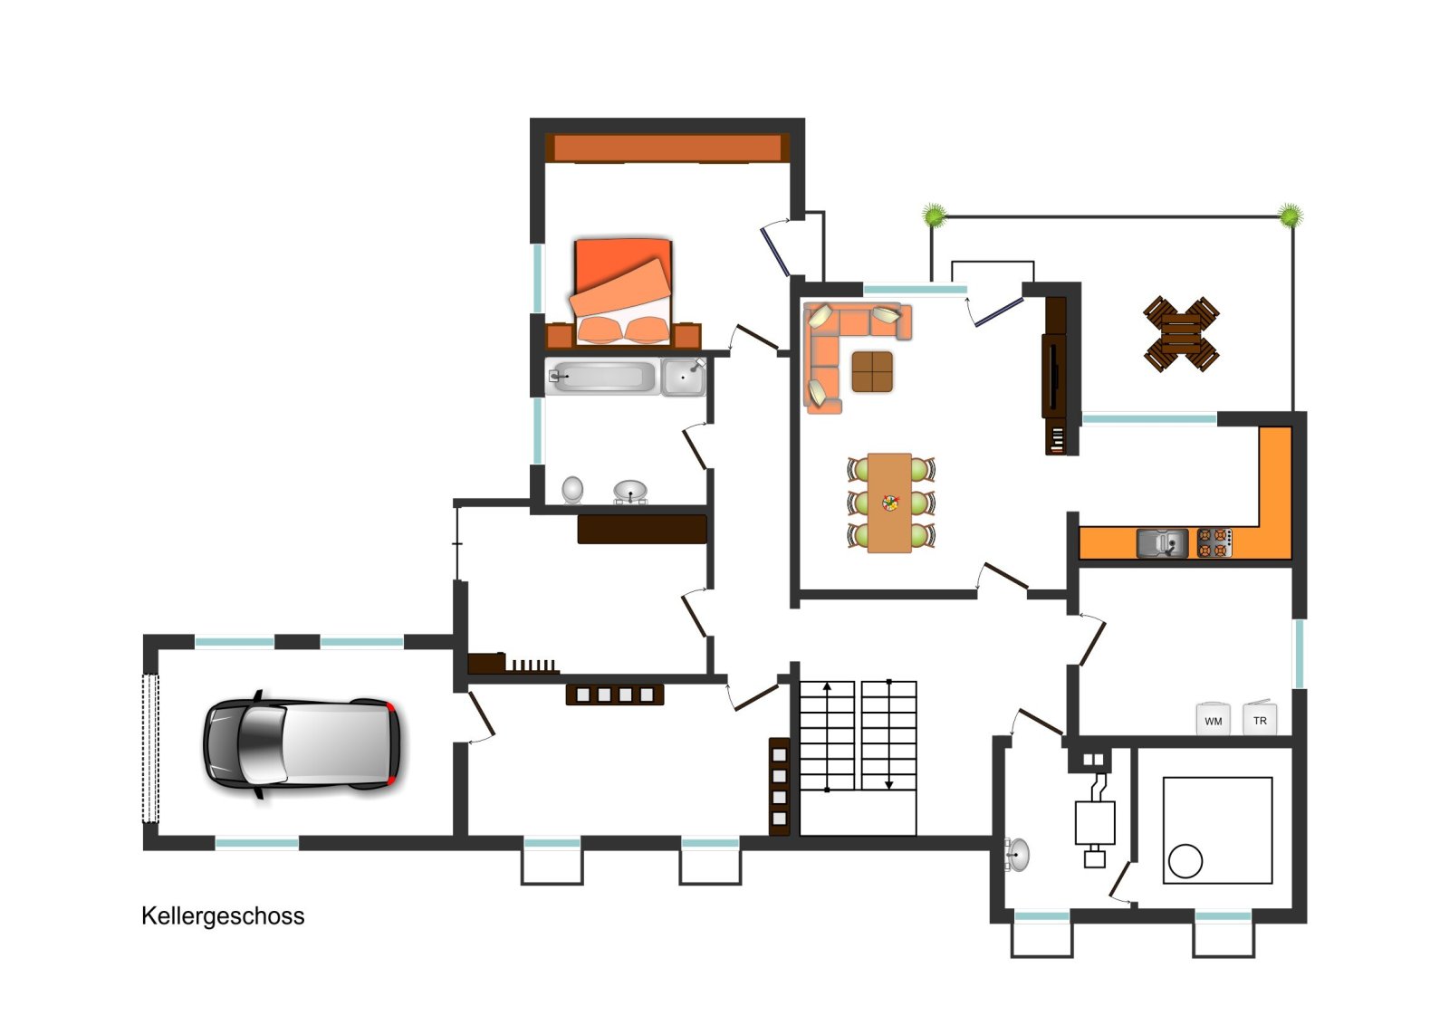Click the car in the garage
302,745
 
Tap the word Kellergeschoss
223,917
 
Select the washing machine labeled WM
1213,719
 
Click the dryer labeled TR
1260,718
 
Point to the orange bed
622,292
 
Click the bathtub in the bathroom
602,377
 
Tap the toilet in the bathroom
572,490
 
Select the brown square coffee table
872,372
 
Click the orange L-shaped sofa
841,343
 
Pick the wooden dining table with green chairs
890,503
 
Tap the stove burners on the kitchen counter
1214,543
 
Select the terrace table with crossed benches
1181,334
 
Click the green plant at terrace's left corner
934,215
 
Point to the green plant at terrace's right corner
1290,215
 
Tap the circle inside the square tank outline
1185,861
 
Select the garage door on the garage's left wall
150,748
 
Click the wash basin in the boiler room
1017,855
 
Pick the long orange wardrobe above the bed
667,148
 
